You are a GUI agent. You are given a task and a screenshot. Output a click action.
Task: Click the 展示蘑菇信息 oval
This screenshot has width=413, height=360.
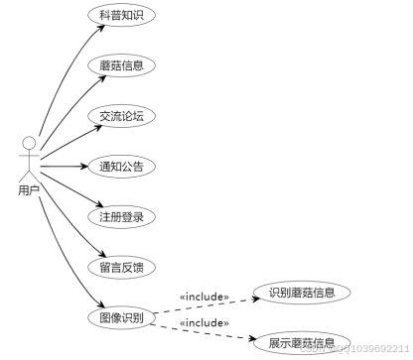tap(301, 343)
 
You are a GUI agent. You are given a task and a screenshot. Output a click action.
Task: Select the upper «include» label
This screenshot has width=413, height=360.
tap(205, 296)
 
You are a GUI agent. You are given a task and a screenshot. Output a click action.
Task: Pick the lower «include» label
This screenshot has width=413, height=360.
tap(205, 322)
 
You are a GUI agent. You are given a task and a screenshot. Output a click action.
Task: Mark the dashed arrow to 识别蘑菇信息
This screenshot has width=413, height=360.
tap(208, 304)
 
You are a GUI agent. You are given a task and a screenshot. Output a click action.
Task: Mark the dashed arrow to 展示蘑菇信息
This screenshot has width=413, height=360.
tap(208, 330)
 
